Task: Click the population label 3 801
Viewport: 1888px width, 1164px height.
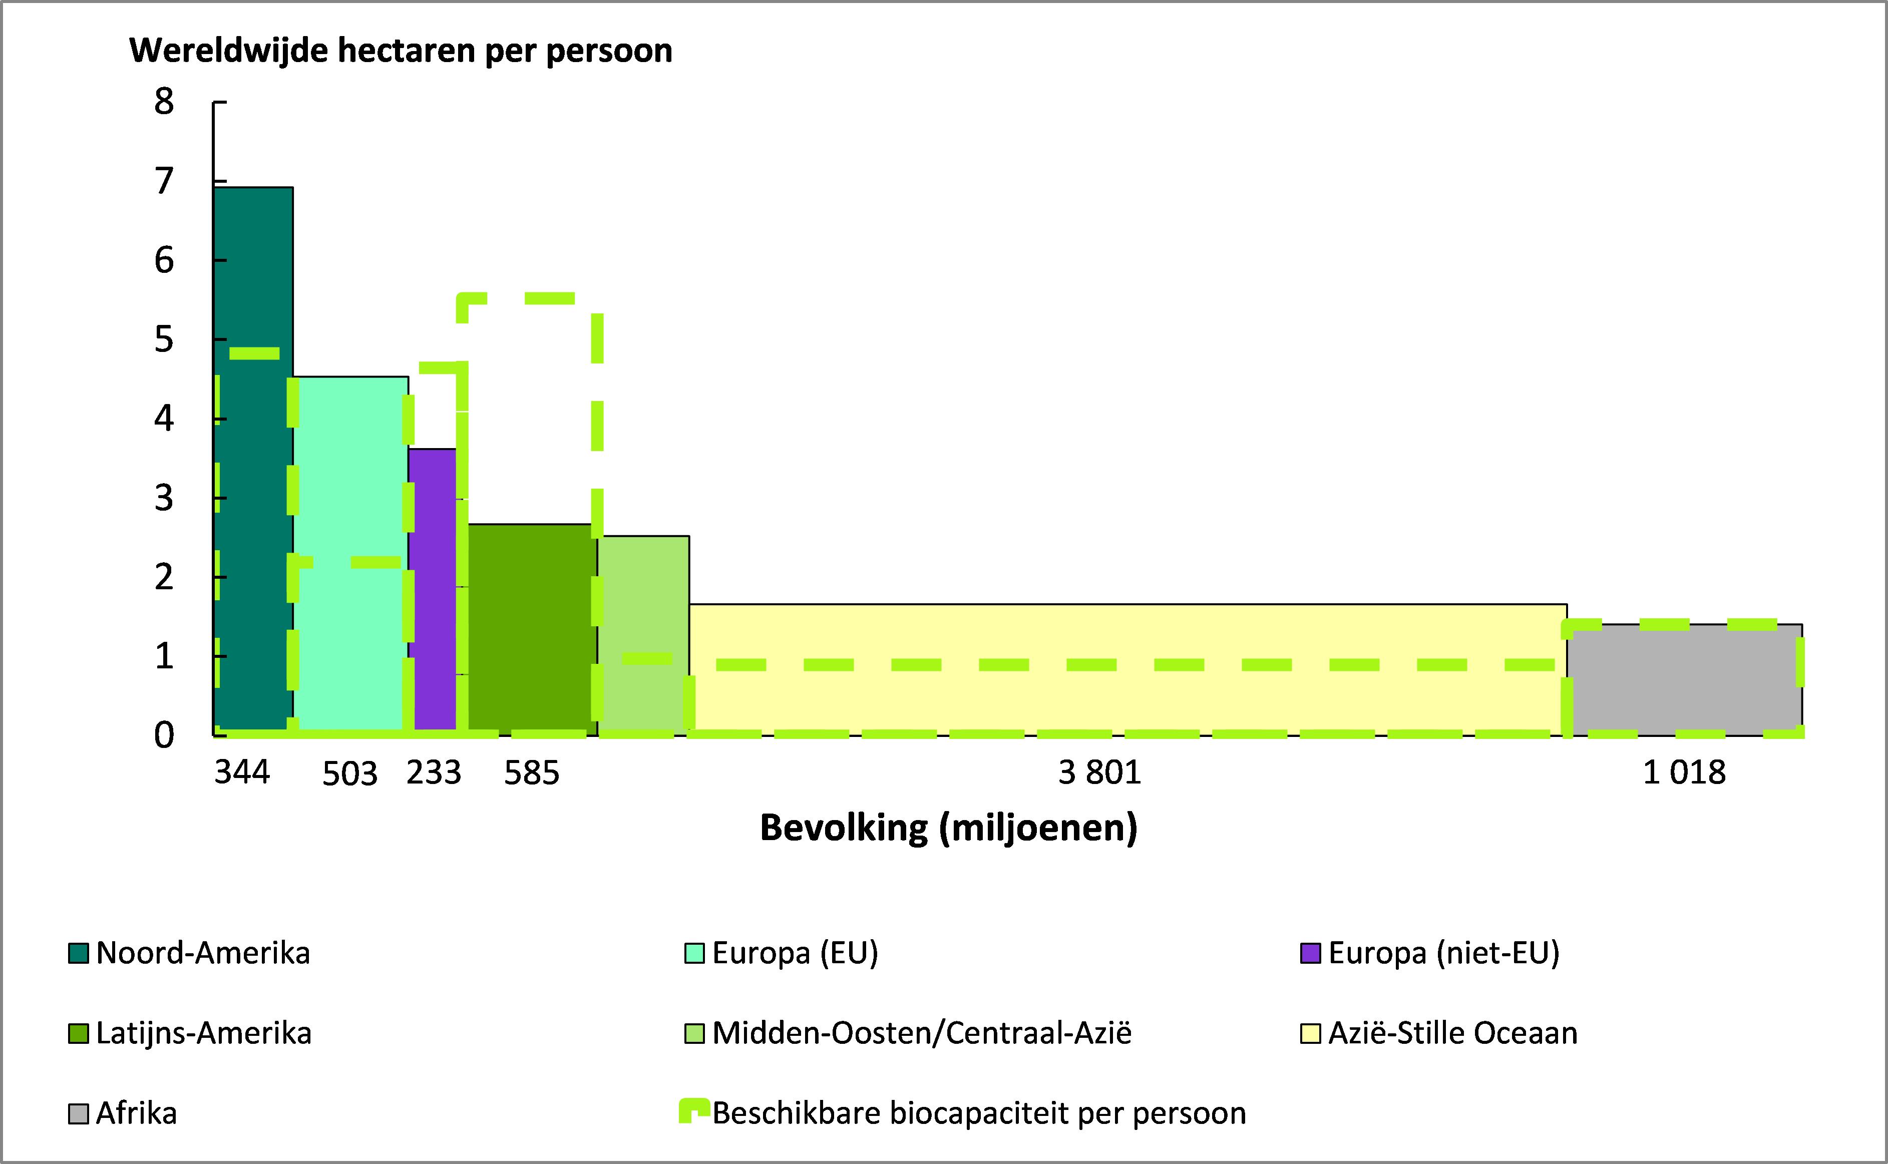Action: [1099, 772]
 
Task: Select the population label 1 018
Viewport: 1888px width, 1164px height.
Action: [1684, 772]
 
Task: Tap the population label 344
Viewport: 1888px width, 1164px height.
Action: [242, 772]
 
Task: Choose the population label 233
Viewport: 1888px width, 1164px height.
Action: [434, 772]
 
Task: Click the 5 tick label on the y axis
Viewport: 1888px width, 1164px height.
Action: [164, 339]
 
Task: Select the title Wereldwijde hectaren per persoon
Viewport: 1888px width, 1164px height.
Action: [400, 51]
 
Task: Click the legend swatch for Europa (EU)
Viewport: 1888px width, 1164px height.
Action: [694, 953]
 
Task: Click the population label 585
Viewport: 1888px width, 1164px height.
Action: [531, 772]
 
